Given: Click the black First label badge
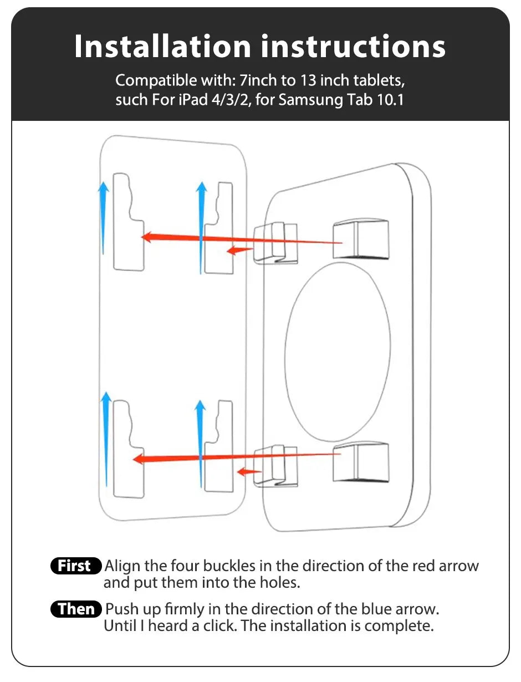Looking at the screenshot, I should click(x=75, y=566).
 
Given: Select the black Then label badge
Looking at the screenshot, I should click(x=76, y=609).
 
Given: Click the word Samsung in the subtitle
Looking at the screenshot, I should click(x=312, y=101).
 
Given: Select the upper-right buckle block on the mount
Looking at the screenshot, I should click(x=360, y=240).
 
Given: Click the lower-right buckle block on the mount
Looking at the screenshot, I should click(x=360, y=462).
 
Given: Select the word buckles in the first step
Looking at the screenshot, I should click(x=229, y=566).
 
